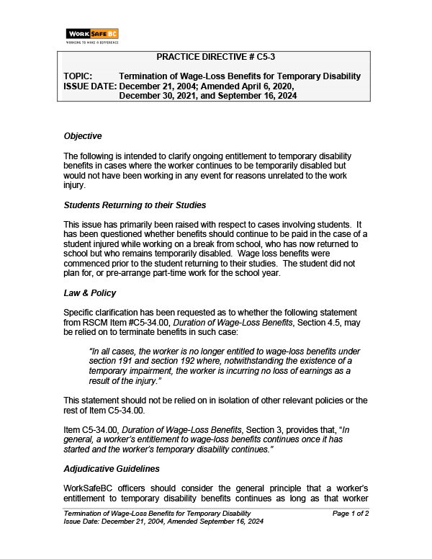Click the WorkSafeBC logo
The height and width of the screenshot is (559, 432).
tap(91, 34)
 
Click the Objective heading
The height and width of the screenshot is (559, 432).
tap(83, 135)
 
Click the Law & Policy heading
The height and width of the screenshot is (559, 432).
tap(90, 294)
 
